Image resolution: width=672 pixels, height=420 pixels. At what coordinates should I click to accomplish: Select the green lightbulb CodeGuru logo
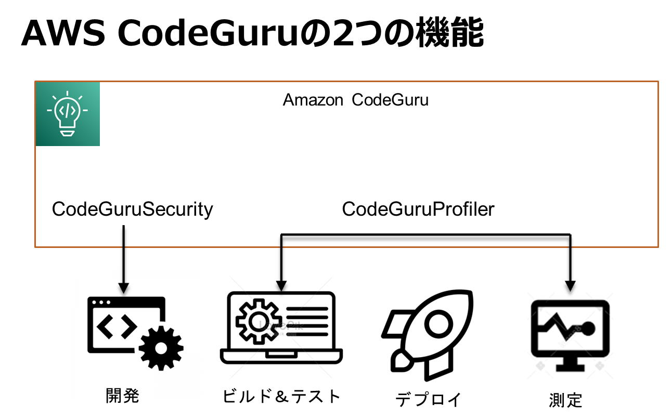pos(68,114)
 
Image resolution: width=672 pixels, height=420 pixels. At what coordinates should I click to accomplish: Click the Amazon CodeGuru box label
pos(356,100)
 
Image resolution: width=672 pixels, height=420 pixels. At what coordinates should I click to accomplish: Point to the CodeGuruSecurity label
pos(133,209)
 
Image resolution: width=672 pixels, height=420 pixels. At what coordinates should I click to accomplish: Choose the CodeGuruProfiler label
pos(418,209)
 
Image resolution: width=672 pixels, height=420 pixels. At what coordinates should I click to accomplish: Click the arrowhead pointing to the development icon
pos(124,287)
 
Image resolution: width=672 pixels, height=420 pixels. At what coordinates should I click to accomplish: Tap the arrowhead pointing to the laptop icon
pos(281,285)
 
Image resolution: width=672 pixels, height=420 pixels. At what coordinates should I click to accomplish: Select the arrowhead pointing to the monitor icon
pos(571,285)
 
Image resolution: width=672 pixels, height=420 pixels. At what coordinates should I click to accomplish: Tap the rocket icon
pos(427,333)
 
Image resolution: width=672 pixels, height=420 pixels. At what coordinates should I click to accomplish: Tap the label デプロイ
pos(429,399)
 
